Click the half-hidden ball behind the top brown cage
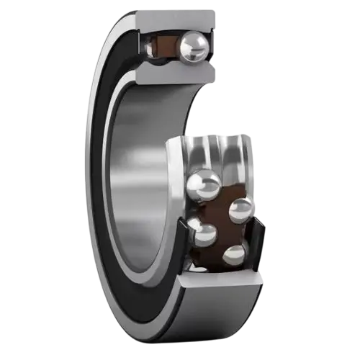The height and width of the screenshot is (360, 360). [149, 47]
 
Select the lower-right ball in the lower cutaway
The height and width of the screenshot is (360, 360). [235, 255]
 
